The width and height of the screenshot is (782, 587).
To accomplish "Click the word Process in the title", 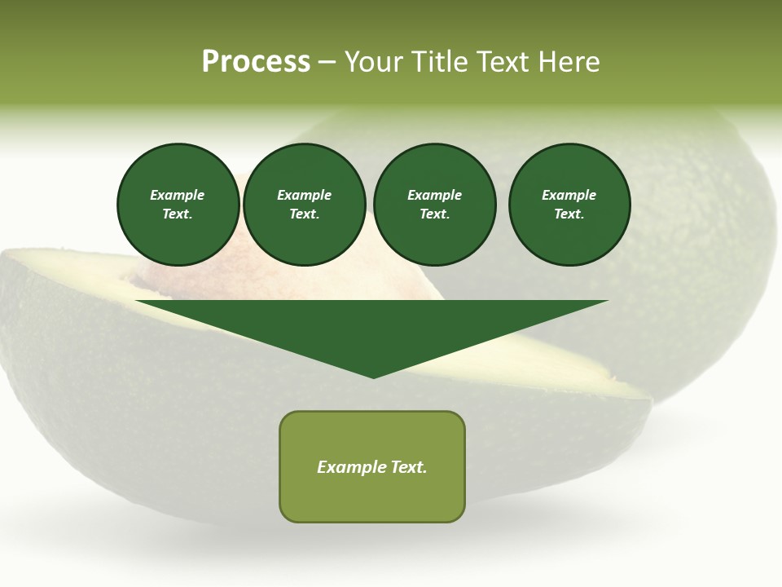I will coord(256,62).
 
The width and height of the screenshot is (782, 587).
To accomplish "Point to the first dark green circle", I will coord(178,205).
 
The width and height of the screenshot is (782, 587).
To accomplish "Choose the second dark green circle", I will coord(305,205).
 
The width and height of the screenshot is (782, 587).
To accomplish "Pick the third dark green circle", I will coord(435,205).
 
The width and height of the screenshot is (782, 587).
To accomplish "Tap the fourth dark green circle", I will coord(569,205).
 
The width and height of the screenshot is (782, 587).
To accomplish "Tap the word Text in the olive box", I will coord(407,467).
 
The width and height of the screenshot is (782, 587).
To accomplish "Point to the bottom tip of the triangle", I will coord(373,376).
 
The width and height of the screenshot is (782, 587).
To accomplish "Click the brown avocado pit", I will coord(195,277).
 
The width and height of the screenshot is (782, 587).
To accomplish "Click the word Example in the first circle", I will coord(178,195).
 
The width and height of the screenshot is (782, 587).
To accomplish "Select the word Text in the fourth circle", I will coord(569,214).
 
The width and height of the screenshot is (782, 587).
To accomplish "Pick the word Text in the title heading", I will coord(504,62).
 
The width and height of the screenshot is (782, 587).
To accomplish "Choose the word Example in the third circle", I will coord(435,195).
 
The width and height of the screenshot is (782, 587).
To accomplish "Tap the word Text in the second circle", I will coord(305,214).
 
